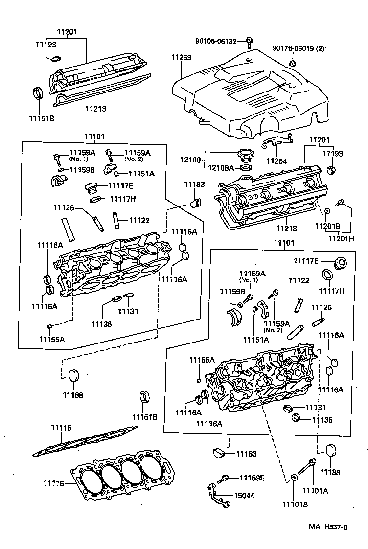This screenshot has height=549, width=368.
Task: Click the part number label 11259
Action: click(181, 58)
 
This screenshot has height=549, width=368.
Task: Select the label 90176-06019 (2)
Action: click(299, 49)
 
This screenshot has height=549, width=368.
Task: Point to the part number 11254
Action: click(277, 160)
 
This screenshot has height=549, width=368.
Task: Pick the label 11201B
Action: click(327, 226)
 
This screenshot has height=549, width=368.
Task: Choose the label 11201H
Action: click(341, 238)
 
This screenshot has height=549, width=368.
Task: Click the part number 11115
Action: click(61, 428)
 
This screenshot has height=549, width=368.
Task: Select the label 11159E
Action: click(252, 478)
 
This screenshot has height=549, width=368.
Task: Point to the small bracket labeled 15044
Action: click(215, 495)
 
